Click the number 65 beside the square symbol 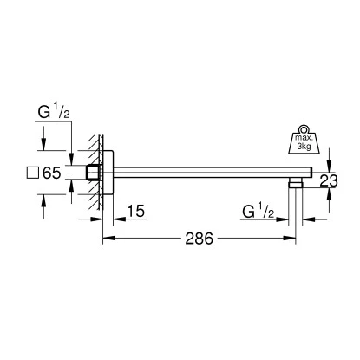coord(51,173)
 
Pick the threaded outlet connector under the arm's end coord(298,183)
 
